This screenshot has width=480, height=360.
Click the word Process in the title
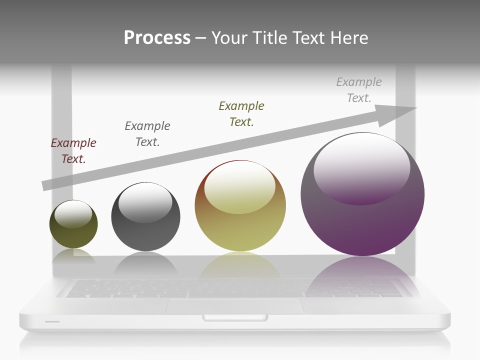tap(157, 38)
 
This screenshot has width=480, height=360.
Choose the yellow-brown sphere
tap(240, 230)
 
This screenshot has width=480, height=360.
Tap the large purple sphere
tap(362, 225)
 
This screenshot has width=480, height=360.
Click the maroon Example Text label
tap(73, 151)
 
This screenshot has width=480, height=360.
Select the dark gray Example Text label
tap(147, 133)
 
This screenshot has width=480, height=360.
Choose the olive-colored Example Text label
tap(241, 113)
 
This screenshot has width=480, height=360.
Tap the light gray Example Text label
tap(359, 90)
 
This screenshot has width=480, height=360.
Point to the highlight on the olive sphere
tap(73, 213)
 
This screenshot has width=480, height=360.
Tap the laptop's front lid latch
tap(235, 317)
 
